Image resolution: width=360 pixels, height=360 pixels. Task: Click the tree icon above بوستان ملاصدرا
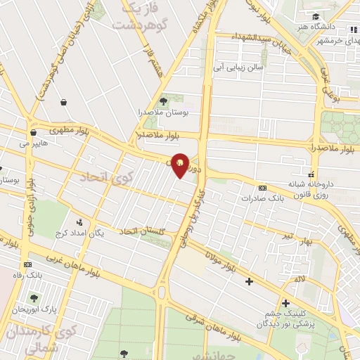pyautogui.click(x=164, y=101)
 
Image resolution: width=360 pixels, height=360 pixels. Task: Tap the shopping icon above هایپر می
pyautogui.click(x=33, y=132)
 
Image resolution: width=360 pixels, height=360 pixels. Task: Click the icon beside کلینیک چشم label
pyautogui.click(x=285, y=303)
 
